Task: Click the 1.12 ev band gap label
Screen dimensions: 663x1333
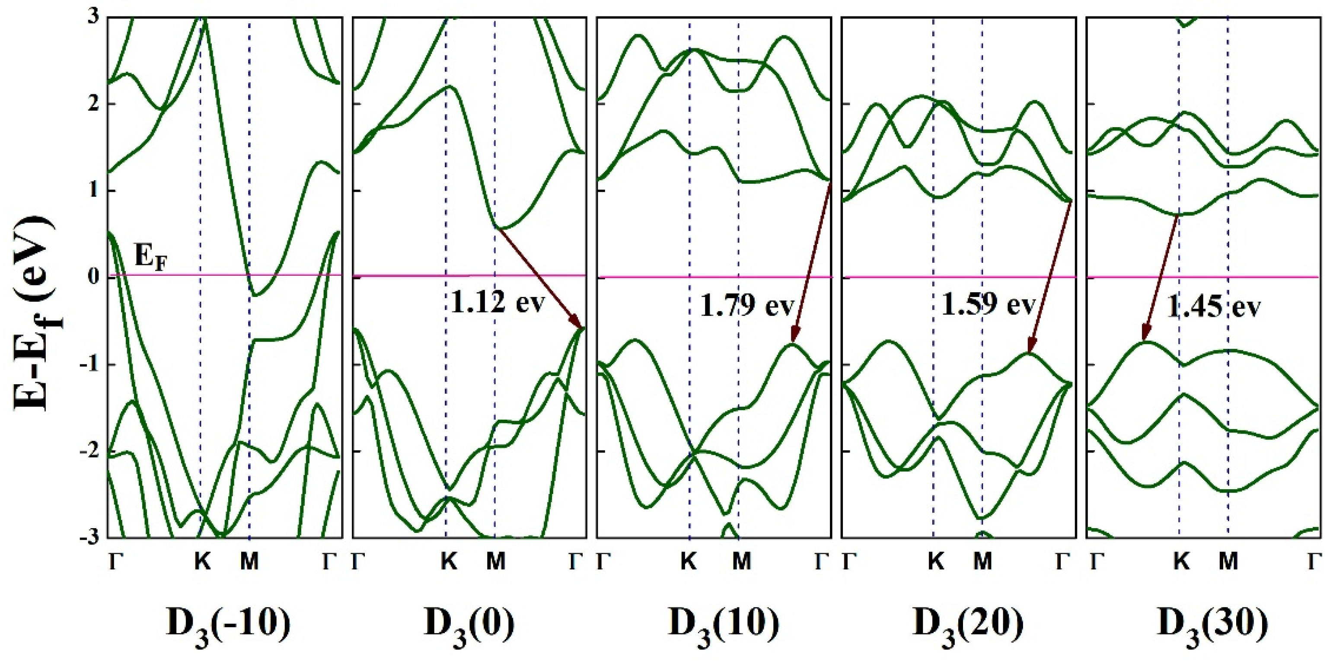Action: tap(498, 303)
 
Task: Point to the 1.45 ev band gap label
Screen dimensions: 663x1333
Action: tap(1213, 307)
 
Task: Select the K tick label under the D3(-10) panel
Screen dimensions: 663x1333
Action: tap(202, 561)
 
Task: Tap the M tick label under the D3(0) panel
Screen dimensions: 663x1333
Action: tap(495, 561)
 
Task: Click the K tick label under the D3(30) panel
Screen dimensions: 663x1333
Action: tap(1181, 561)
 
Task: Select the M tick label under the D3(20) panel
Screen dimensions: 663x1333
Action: tap(982, 561)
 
